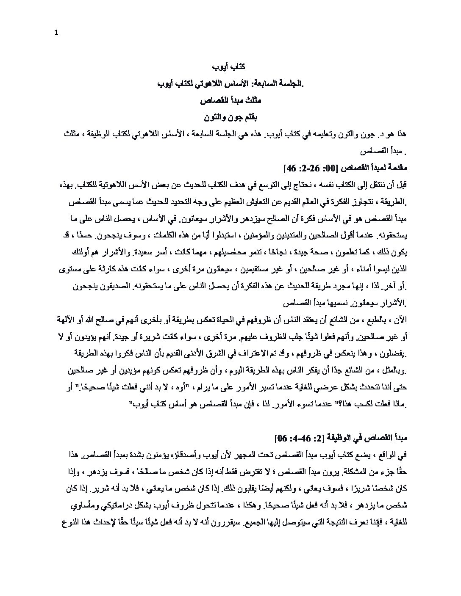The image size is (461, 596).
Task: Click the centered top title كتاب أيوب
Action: (228, 68)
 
